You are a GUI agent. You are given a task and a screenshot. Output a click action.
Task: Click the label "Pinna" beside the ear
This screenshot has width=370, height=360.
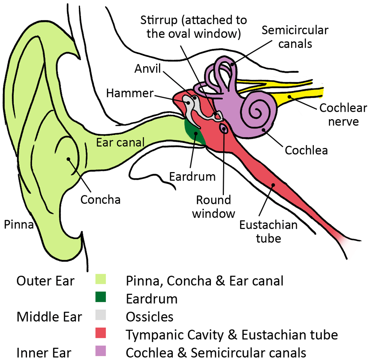coord(19,224)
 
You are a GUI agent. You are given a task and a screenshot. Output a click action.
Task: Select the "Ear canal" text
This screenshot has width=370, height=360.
coord(120,142)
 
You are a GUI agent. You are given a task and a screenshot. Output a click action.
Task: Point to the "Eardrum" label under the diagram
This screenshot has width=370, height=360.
coord(192,176)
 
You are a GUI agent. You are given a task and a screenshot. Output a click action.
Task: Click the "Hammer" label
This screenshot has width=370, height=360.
coord(129,93)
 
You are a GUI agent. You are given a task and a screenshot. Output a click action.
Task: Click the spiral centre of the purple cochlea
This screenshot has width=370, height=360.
coord(255,110)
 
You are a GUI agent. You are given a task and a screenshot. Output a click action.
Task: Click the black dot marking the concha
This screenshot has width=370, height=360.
coord(69,159)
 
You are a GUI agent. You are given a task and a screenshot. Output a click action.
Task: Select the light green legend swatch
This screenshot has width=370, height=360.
coord(100,280)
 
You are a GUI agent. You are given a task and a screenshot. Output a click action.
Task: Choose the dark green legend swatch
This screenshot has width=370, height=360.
coord(100,298)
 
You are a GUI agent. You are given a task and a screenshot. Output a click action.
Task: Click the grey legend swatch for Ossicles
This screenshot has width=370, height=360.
coord(100,316)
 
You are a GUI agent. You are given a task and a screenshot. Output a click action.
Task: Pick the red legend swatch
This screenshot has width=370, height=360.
coord(100,333)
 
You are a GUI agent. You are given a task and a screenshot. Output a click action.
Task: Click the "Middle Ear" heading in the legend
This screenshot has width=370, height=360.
coord(49,316)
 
